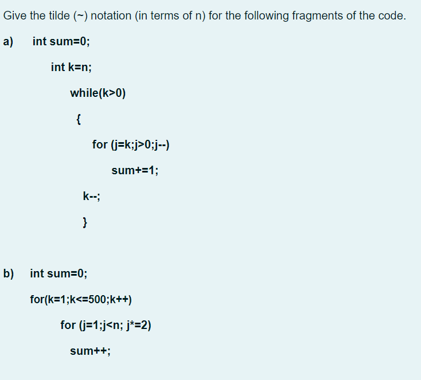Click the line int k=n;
click(x=71, y=67)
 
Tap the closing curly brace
click(x=85, y=222)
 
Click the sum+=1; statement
click(x=135, y=170)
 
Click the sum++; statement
click(x=90, y=351)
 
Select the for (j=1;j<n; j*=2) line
click(x=106, y=325)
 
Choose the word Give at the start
click(x=15, y=15)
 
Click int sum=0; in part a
click(x=61, y=41)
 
